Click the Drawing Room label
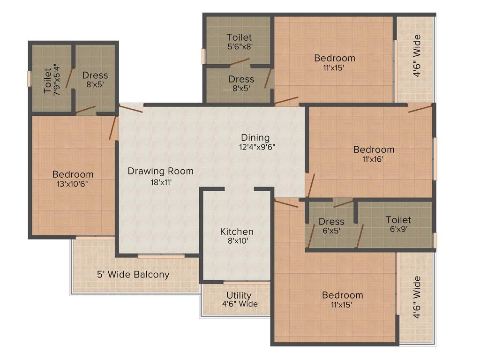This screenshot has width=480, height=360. point(160,171)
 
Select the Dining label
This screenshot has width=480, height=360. point(255,137)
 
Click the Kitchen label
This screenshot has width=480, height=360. point(237,232)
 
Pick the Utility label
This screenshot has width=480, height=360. point(239,295)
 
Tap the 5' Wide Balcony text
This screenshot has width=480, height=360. point(133,274)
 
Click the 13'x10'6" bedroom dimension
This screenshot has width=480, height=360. point(73,184)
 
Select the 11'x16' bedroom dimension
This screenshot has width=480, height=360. point(374,159)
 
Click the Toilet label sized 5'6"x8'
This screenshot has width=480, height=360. point(239,37)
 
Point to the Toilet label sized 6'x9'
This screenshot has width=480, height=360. point(398,220)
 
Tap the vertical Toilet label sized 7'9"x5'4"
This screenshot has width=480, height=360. point(47,81)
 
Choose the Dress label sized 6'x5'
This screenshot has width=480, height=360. point(331,221)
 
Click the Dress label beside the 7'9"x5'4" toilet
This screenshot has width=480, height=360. point(95,75)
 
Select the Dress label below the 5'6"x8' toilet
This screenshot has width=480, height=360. point(241,79)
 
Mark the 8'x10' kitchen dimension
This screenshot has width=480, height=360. point(237,241)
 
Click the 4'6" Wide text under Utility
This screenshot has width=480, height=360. point(240,304)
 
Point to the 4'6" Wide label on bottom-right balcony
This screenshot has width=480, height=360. point(416,297)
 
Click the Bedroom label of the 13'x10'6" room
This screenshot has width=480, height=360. point(73,174)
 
